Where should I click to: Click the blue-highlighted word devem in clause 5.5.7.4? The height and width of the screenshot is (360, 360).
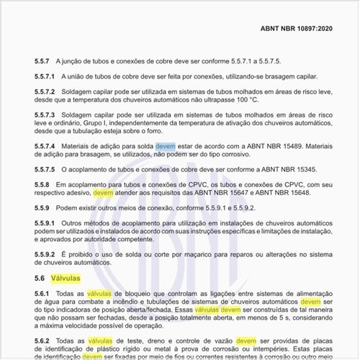[x=165, y=145]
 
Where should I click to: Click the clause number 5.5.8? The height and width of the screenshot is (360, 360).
[x=42, y=184]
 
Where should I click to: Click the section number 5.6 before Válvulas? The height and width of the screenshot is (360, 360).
[x=39, y=276]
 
